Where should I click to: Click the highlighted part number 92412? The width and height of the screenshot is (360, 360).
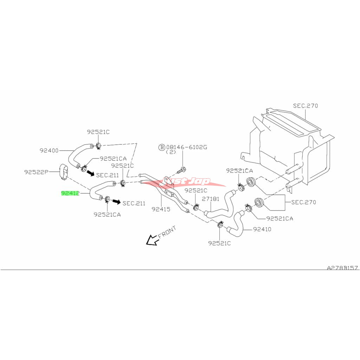pyautogui.click(x=70, y=193)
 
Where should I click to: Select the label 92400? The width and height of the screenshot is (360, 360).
pyautogui.click(x=49, y=150)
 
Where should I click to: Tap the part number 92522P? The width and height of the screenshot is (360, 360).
pyautogui.click(x=36, y=172)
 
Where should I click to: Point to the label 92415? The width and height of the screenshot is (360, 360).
pyautogui.click(x=161, y=209)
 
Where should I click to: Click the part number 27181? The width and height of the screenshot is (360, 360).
pyautogui.click(x=210, y=199)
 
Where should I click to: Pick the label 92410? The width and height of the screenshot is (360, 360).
pyautogui.click(x=262, y=229)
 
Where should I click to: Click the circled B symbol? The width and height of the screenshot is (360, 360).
pyautogui.click(x=162, y=147)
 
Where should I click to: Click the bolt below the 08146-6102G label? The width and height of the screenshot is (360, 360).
pyautogui.click(x=182, y=171)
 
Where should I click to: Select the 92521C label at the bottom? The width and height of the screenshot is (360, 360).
pyautogui.click(x=219, y=243)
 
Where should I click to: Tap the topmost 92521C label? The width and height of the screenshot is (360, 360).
pyautogui.click(x=98, y=132)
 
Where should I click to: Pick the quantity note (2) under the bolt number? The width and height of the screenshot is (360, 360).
pyautogui.click(x=172, y=153)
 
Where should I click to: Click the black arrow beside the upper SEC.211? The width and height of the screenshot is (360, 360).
pyautogui.click(x=91, y=173)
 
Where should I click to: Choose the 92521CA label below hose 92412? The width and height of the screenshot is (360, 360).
pyautogui.click(x=107, y=214)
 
